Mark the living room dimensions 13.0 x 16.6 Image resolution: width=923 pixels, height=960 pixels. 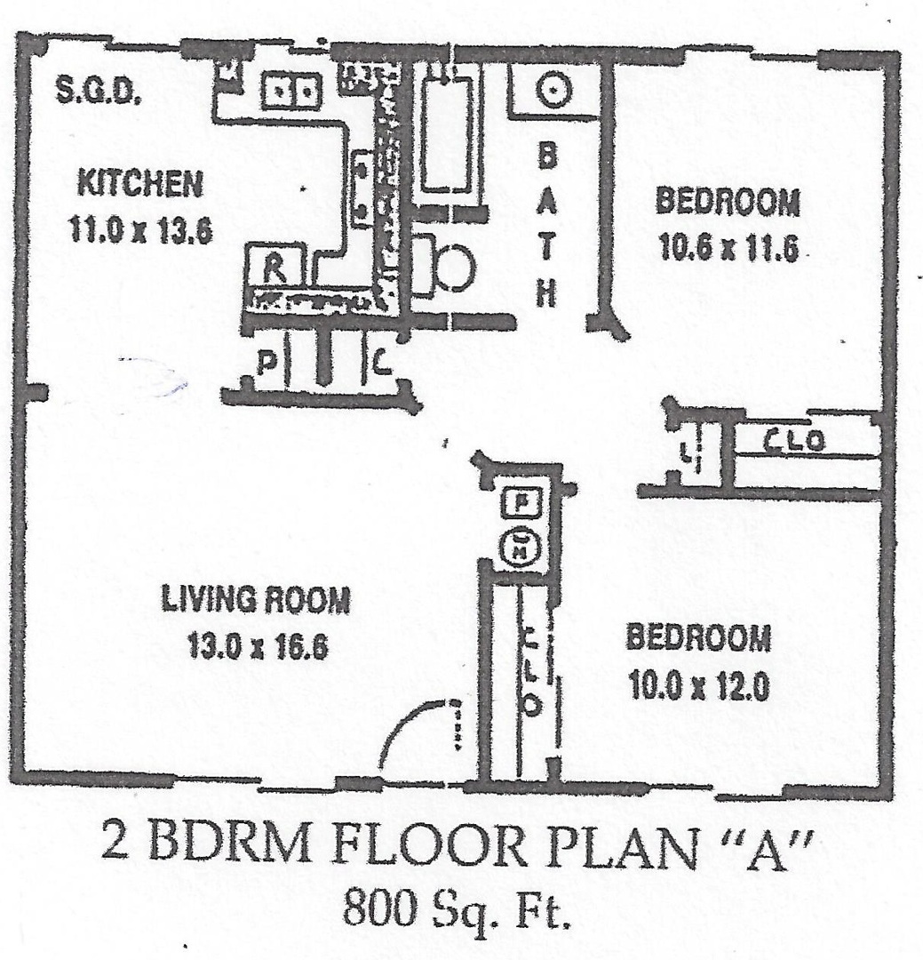tap(258, 645)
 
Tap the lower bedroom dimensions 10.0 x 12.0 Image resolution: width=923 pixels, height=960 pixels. tap(698, 684)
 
